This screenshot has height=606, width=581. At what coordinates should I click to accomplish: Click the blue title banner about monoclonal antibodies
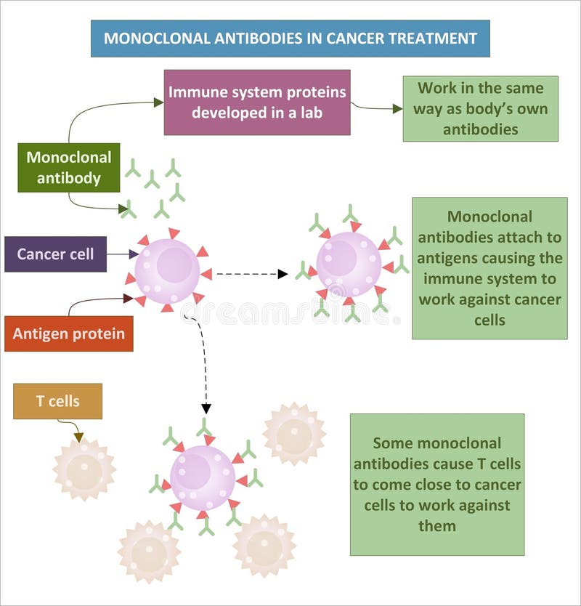click(290, 39)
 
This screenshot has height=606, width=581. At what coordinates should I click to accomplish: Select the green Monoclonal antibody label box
click(69, 167)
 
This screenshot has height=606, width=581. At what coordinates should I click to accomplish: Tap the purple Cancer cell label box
click(55, 254)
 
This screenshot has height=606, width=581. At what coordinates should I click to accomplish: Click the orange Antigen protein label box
click(69, 334)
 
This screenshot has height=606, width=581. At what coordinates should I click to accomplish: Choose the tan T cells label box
click(57, 401)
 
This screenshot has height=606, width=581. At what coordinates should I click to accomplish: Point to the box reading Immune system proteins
click(257, 102)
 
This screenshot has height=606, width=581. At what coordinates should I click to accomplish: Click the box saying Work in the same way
click(480, 108)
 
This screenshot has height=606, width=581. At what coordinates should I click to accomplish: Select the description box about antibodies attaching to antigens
click(489, 268)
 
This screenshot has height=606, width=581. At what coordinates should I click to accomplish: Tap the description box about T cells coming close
click(436, 484)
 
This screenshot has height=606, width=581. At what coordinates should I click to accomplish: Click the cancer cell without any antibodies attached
click(168, 271)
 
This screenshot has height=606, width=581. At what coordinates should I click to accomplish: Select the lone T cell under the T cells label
click(84, 469)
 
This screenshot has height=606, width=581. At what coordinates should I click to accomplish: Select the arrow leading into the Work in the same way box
click(377, 108)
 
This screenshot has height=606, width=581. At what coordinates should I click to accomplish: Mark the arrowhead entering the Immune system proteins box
click(159, 102)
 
